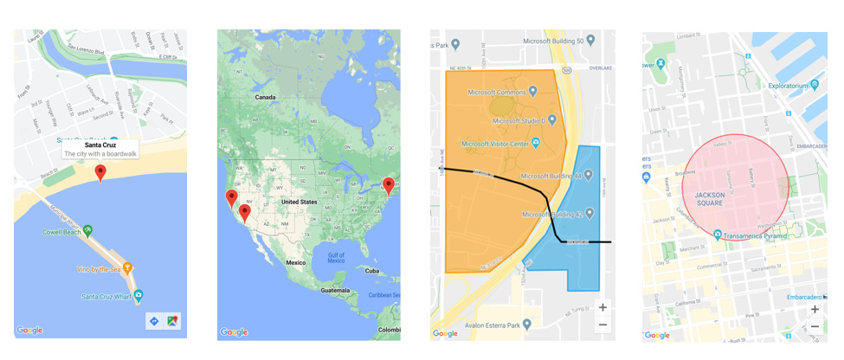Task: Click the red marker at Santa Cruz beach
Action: click(x=100, y=173)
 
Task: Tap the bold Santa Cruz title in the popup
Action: click(x=100, y=145)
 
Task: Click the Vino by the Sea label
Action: click(x=100, y=269)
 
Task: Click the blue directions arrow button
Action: click(x=154, y=321)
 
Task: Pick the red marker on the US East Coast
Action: click(x=389, y=185)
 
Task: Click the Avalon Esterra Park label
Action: click(x=507, y=326)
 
